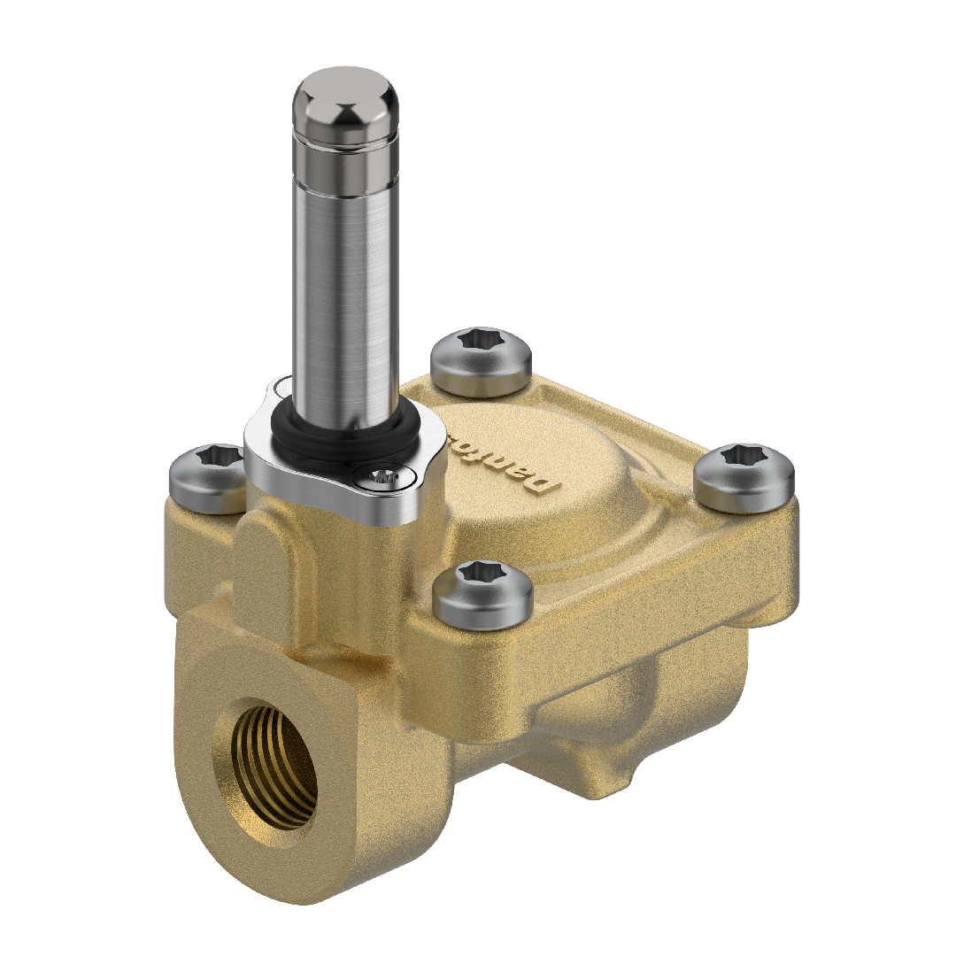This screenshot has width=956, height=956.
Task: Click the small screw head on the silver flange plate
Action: (382, 478)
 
